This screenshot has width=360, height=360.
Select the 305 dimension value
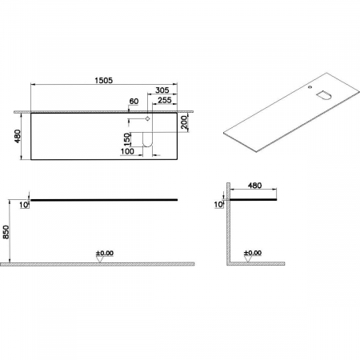(162, 90)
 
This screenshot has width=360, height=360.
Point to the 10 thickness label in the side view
(218, 206)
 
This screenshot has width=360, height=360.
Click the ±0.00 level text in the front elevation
(105, 253)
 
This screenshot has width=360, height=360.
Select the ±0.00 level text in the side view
(251, 253)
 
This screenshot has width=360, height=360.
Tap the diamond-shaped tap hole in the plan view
(147, 119)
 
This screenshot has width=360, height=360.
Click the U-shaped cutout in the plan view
(147, 142)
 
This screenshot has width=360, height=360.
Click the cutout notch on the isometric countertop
(325, 94)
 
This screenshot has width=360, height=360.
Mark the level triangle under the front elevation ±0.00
(101, 259)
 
